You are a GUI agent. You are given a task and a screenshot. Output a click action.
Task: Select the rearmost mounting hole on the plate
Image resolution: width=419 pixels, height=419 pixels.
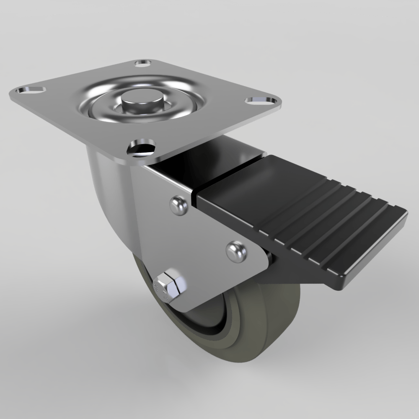coord(143,64)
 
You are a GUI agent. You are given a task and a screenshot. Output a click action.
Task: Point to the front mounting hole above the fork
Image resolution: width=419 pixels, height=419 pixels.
coord(142,147)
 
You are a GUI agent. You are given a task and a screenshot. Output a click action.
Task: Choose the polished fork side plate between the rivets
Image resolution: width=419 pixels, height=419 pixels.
coord(201,235)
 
